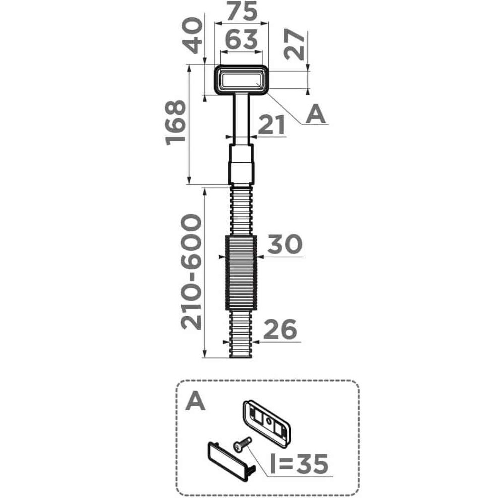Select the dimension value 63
[241, 40]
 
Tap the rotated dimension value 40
[193, 35]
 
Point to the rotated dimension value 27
[294, 44]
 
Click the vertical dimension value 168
[176, 123]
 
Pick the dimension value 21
[271, 125]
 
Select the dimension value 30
[285, 244]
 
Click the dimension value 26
[280, 329]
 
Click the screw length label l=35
[299, 463]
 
